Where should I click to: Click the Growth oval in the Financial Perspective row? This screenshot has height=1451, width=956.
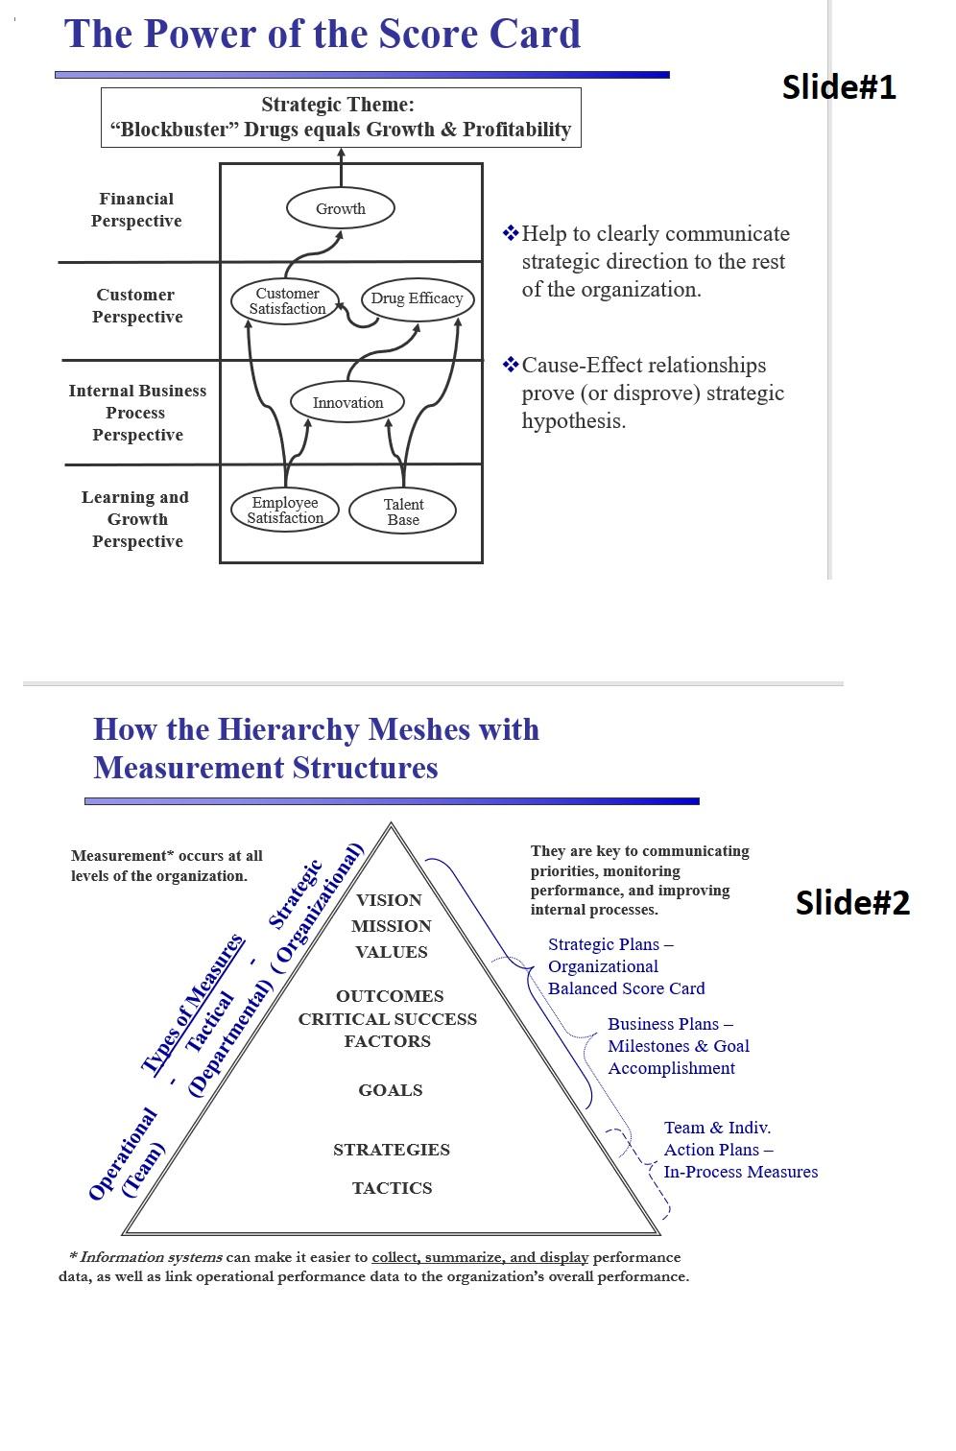341,208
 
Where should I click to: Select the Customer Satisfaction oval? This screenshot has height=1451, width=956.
287,301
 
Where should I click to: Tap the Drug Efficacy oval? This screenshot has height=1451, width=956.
417,298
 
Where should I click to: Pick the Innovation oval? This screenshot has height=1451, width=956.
347,403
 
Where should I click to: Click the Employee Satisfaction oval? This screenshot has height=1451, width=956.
285,511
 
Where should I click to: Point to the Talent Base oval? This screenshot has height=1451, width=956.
403,511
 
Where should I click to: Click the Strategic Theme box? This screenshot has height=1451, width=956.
341,117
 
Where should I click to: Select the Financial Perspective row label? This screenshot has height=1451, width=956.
136,210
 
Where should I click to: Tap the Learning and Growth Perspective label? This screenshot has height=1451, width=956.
136,519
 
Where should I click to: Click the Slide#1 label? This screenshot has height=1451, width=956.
839,87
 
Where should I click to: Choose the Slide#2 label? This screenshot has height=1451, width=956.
852,903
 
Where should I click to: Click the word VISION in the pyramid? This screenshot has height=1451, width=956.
389,900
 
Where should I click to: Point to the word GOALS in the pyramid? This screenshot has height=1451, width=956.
391,1090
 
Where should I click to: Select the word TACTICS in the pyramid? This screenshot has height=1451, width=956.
392,1188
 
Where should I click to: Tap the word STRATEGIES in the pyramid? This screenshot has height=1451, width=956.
392,1150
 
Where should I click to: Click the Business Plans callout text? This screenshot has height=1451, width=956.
678,1046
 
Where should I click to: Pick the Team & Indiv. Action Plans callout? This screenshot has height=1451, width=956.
740,1150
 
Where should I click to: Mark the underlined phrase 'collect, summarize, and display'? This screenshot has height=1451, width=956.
480,1257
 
